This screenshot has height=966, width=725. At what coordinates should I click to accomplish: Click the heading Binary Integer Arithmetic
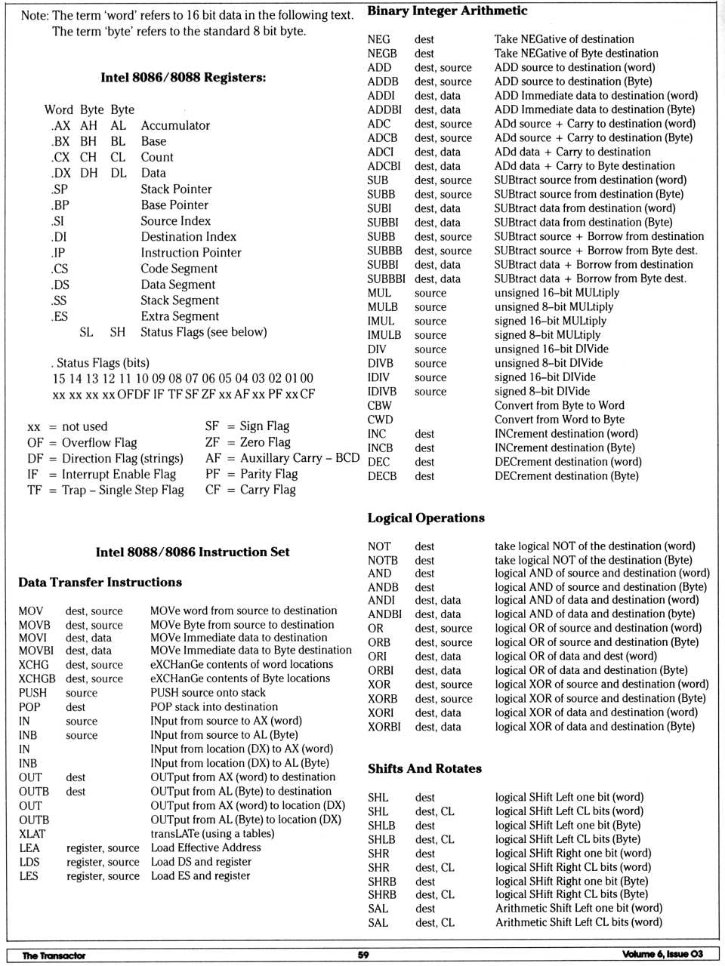pos(447,11)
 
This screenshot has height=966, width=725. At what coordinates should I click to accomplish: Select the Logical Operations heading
pos(426,518)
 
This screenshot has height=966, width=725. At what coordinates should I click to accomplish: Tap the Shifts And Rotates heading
pos(424,768)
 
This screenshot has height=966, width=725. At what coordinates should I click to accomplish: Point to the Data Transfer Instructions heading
pos(100,582)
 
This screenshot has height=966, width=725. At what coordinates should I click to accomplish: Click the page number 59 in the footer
pos(363,955)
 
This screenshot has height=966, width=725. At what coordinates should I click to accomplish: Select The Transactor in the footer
pos(54,955)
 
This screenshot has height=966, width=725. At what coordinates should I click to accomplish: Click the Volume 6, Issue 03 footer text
pos(662,954)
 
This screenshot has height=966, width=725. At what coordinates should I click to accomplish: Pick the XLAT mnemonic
pos(32,834)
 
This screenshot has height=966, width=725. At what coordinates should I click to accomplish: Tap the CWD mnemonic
pos(380,420)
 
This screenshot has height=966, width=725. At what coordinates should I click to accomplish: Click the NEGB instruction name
pos(382,54)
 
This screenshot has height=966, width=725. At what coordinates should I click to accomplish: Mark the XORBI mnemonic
pos(384,727)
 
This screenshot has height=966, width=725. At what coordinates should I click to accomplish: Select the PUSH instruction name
pos(32,693)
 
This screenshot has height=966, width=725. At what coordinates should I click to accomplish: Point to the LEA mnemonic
pos(29,848)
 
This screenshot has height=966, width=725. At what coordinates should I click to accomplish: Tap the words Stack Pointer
pos(176,189)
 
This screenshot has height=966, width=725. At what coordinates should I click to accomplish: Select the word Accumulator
pos(175,125)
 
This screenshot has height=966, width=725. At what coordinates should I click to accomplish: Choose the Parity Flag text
pos(269,474)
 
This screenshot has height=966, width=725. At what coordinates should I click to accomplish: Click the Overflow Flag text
pos(99,443)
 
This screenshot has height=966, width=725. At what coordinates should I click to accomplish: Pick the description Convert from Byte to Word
pos(560,405)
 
